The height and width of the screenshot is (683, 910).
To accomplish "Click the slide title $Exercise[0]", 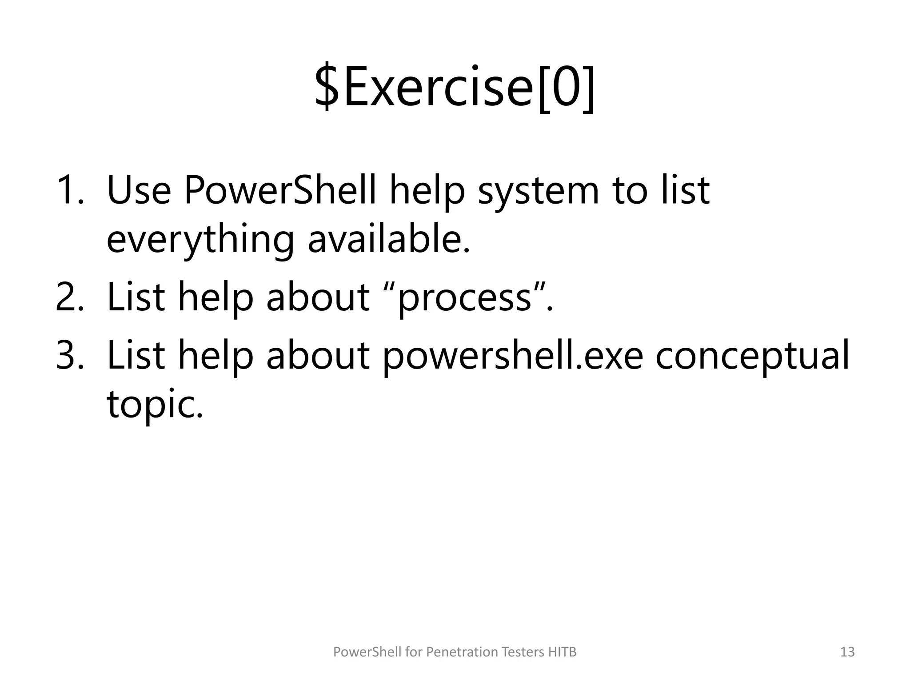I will click(455, 88).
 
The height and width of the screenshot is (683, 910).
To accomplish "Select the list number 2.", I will click(69, 297).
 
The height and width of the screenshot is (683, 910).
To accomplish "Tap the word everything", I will click(200, 240).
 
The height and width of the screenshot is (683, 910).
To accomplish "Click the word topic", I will click(154, 405).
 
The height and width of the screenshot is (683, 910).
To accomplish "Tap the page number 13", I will click(847, 652).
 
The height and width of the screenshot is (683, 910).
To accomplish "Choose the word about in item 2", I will click(318, 297).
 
